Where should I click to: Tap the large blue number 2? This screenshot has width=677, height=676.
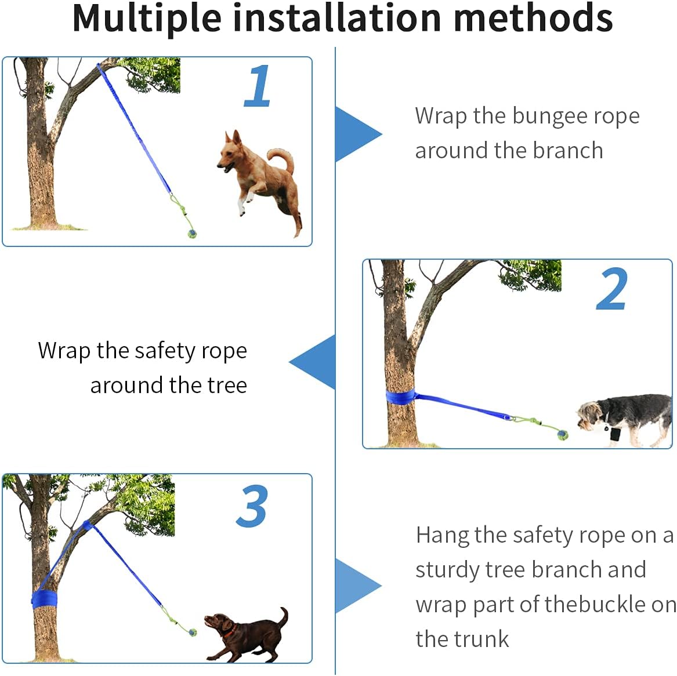pos(611,289)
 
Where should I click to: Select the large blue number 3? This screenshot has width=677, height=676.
pos(252,506)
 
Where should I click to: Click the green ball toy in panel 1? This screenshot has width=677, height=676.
pos(192,234)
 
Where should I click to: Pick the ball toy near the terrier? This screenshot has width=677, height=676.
pos(562,435)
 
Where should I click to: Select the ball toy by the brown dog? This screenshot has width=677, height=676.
pos(193,633)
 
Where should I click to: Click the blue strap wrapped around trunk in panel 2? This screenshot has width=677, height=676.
pos(400,397)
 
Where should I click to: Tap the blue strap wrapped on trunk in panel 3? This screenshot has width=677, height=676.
pos(45,599)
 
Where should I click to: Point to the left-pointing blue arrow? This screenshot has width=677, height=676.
pos(312,362)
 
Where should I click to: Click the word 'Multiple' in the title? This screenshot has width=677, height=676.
pos(147,18)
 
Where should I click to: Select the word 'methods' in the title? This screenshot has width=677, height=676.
pos(533,17)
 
